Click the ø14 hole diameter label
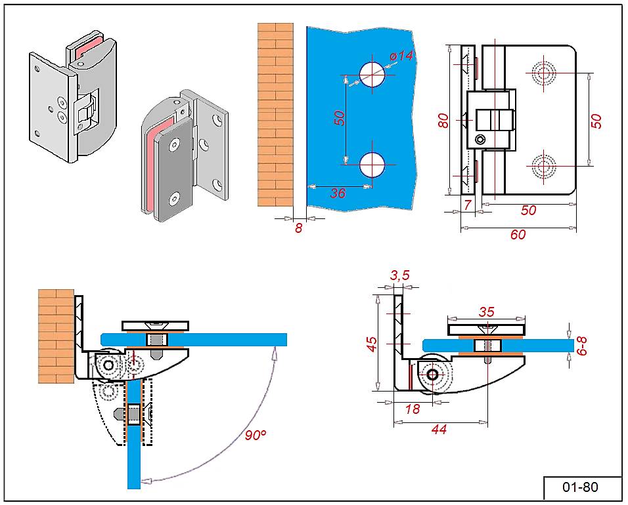pyautogui.click(x=401, y=57)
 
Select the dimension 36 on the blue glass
pyautogui.click(x=338, y=193)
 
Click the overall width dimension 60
pyautogui.click(x=518, y=234)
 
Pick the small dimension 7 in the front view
pyautogui.click(x=467, y=205)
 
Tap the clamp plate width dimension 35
pyautogui.click(x=486, y=312)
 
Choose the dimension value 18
pyautogui.click(x=413, y=409)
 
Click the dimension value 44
pyautogui.click(x=440, y=430)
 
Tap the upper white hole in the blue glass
pyautogui.click(x=372, y=74)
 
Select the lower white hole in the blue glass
pyautogui.click(x=372, y=165)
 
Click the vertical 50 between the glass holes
pyautogui.click(x=339, y=118)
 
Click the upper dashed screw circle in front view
pyautogui.click(x=544, y=73)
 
